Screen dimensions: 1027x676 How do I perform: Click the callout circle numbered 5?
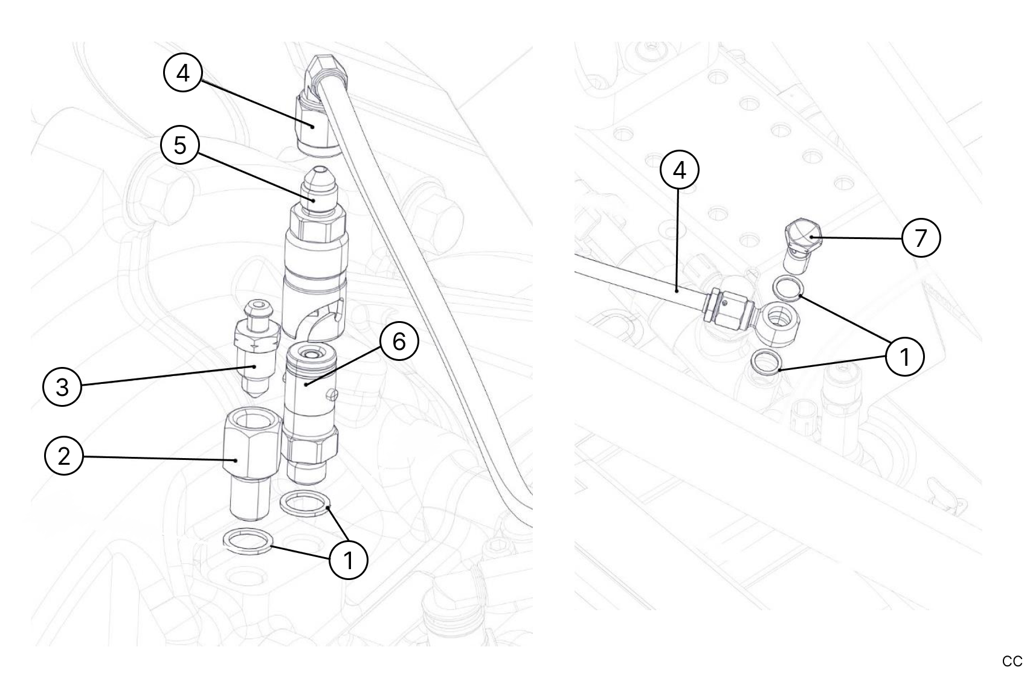tap(180, 145)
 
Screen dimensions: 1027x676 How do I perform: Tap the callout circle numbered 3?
tap(62, 387)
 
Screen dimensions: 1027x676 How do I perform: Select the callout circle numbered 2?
tap(64, 456)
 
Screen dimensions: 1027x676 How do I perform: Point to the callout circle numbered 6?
tap(399, 342)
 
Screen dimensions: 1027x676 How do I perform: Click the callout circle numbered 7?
tap(921, 238)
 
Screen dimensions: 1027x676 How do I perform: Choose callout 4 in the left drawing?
tap(182, 73)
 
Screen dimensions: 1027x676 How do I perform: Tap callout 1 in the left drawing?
tap(349, 560)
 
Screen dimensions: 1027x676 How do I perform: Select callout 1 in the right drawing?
tap(904, 357)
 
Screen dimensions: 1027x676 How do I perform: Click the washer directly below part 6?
tap(306, 504)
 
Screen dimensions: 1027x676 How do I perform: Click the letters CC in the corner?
tap(1012, 662)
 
